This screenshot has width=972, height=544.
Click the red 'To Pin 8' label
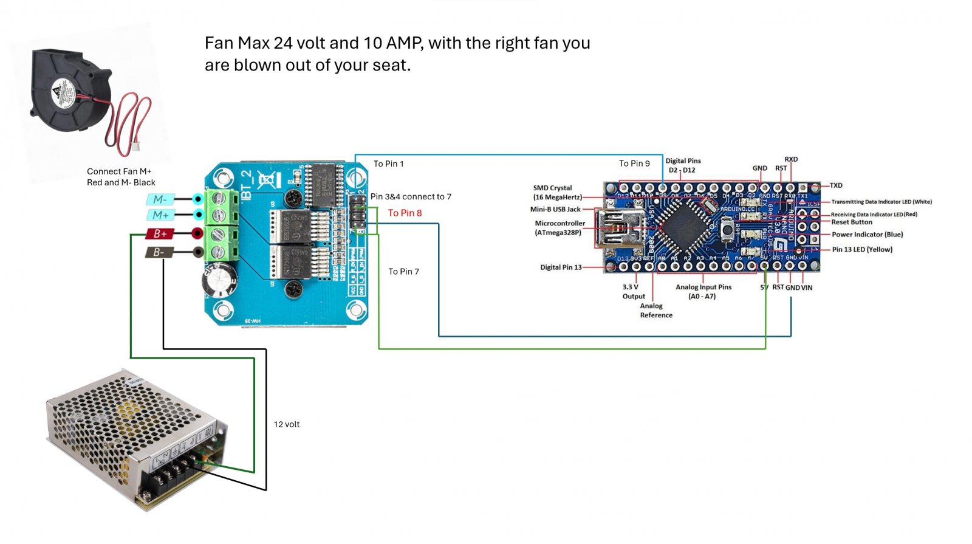click(405, 213)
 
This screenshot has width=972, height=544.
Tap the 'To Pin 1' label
click(388, 164)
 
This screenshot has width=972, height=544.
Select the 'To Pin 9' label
click(634, 164)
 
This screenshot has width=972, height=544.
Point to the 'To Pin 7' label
click(403, 271)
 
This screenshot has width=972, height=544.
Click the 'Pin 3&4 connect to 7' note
click(411, 196)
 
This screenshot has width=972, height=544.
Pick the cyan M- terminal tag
click(160, 199)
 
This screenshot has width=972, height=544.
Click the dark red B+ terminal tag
click(160, 233)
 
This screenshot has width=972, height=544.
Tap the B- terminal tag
click(159, 252)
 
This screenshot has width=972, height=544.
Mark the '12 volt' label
click(286, 424)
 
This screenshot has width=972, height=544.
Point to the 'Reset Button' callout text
click(852, 222)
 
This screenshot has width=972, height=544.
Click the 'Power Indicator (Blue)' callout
click(867, 235)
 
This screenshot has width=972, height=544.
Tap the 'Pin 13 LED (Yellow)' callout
click(862, 249)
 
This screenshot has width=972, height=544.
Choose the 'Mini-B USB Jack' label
click(555, 209)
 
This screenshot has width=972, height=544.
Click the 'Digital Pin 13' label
click(561, 267)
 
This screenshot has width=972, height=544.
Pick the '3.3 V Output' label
click(633, 292)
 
